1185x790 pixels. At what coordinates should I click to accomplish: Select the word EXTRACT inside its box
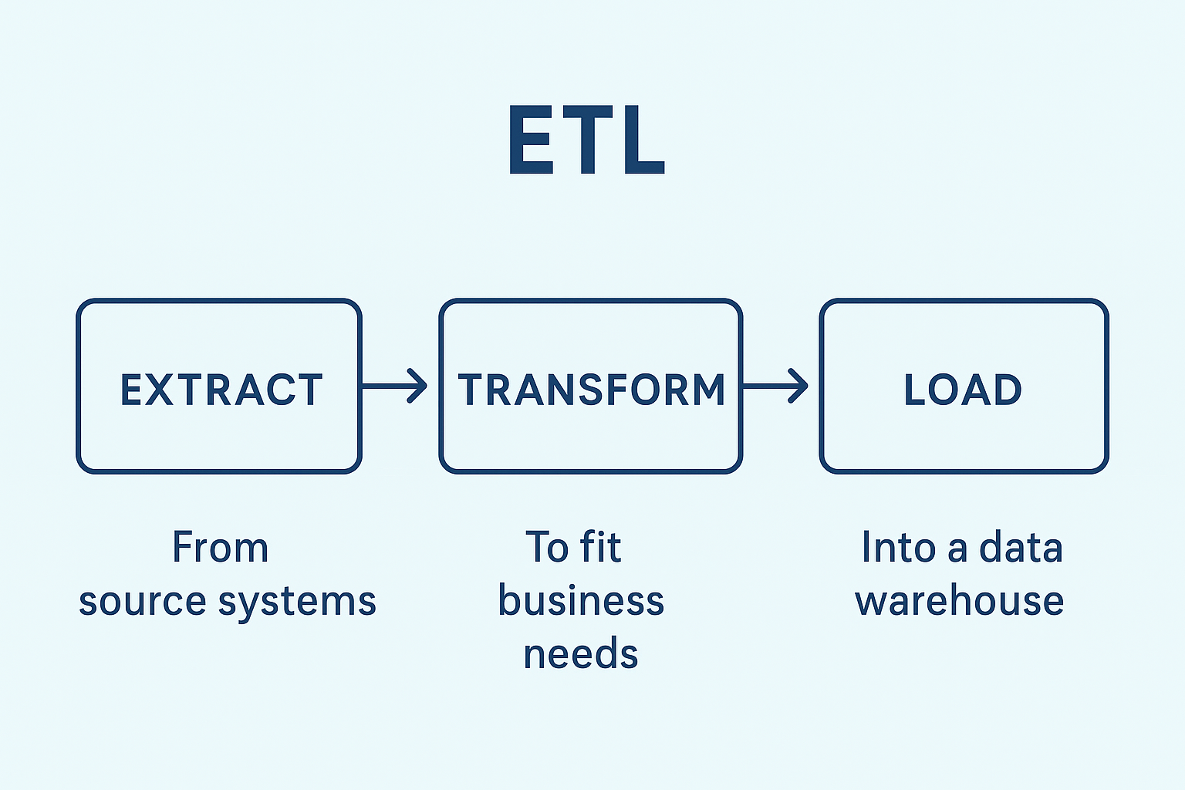click(x=221, y=390)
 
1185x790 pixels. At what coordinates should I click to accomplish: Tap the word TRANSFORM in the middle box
click(x=592, y=390)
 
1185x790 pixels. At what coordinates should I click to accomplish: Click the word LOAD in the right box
click(x=963, y=390)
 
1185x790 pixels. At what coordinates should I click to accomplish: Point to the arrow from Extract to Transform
click(x=395, y=386)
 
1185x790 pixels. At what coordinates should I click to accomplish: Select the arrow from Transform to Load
click(x=775, y=386)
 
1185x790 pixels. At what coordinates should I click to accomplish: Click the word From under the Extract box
click(x=220, y=548)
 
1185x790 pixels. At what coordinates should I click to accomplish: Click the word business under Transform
click(x=581, y=601)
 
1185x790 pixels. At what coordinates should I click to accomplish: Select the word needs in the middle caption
click(x=581, y=654)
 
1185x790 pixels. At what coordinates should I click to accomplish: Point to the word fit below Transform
click(x=601, y=548)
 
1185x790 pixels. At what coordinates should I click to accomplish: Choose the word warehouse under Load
click(x=960, y=601)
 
